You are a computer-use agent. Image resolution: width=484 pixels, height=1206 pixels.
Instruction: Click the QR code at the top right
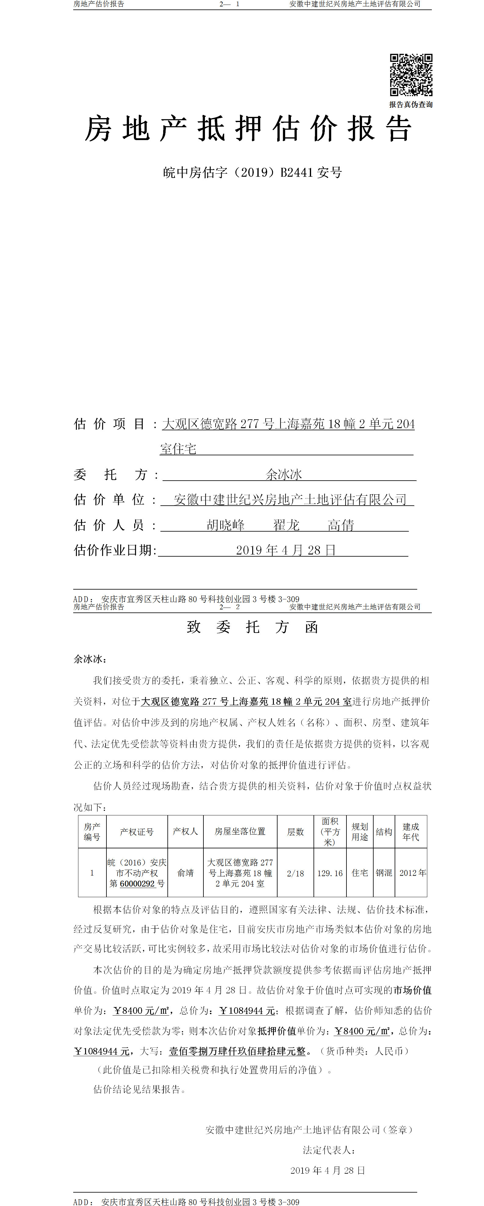(x=411, y=75)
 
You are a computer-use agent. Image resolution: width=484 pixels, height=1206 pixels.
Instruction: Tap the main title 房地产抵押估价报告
(x=248, y=129)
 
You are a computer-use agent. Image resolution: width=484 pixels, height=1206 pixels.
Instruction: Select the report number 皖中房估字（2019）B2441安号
(x=252, y=173)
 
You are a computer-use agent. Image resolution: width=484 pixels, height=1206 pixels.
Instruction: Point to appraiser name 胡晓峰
(x=226, y=525)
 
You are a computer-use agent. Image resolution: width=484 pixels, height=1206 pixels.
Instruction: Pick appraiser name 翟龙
(x=286, y=525)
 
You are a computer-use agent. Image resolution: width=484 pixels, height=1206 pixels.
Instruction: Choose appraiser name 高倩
(x=341, y=525)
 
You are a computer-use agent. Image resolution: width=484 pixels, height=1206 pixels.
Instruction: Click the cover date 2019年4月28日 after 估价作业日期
(x=285, y=550)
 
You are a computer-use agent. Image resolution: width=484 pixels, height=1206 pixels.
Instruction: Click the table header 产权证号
(x=137, y=832)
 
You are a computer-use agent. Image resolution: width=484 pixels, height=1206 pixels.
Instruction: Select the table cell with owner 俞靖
(x=185, y=873)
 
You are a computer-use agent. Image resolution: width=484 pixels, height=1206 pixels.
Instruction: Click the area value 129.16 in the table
(x=330, y=873)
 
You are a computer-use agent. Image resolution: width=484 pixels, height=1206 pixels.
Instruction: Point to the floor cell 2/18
(x=295, y=873)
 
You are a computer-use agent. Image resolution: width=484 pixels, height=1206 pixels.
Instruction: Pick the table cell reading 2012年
(x=412, y=873)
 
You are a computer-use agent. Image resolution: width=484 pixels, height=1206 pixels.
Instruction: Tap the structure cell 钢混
(x=384, y=873)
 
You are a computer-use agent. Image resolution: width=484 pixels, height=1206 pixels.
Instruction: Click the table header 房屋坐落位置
(x=240, y=832)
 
